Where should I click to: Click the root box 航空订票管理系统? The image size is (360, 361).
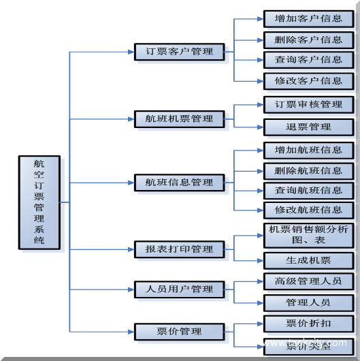39,202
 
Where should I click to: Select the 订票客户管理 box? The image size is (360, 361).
179,52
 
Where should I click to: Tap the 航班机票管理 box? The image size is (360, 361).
179,119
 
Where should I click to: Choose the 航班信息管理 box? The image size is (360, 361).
179,183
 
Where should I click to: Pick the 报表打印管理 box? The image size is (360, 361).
179,249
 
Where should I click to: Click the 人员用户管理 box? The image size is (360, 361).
179,289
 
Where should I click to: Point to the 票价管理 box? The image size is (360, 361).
179,332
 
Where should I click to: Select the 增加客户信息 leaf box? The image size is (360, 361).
308,18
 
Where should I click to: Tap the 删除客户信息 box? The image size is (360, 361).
308,40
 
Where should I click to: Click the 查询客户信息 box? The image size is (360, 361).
308,60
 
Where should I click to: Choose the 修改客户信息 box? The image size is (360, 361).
308,80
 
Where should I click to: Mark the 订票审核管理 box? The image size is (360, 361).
308,105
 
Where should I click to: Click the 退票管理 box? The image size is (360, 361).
308,127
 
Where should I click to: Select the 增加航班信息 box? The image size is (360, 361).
308,150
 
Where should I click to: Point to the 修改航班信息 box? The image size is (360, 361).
308,210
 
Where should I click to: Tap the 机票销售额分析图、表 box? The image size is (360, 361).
308,235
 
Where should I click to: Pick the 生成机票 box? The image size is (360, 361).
308,260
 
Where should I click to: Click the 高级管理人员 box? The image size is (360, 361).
308,281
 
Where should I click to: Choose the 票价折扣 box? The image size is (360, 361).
308,323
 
